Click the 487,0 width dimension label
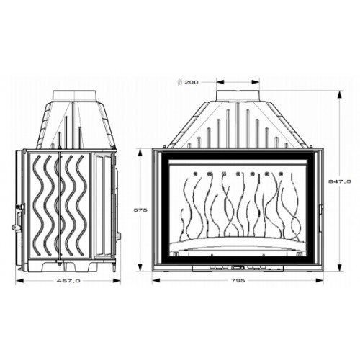(68, 281)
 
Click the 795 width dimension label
(238, 280)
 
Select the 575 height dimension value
(140, 210)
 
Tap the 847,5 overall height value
(340, 181)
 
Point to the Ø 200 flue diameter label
(188, 82)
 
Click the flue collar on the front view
(238, 95)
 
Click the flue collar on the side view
(75, 95)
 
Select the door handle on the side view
(18, 216)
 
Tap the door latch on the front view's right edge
(321, 218)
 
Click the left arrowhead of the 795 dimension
(156, 280)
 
